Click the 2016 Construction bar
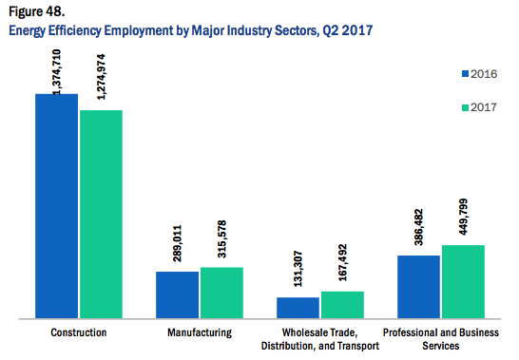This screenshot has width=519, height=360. tap(57, 206)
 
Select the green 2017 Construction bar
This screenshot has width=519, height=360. tap(102, 214)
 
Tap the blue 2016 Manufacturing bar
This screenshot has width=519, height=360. tap(178, 294)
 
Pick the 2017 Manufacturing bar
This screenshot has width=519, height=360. tap(221, 293)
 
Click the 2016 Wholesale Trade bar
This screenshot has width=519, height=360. tap(298, 308)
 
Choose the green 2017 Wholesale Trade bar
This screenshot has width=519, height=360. tap(342, 305)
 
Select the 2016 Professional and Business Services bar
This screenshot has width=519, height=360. tap(418, 287)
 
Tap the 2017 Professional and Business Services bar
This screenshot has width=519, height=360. tap(464, 281)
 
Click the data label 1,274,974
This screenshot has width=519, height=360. tap(101, 77)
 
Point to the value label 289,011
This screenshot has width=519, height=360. tap(177, 243)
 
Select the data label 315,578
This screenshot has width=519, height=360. tap(221, 239)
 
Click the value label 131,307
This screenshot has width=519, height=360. tap(298, 269)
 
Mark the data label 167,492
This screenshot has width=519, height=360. tap(342, 263)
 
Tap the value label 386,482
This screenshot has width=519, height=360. tap(418, 227)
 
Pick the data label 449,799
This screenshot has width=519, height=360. tap(464, 217)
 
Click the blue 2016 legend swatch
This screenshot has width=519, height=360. tap(465, 74)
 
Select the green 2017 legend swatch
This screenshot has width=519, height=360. tap(465, 107)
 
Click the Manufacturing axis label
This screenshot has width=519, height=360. tap(200, 332)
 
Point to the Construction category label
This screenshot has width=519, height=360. tap(79, 332)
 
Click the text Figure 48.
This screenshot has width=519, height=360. tap(36, 11)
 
